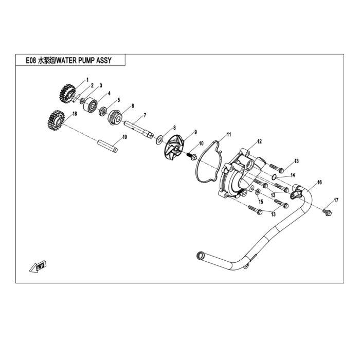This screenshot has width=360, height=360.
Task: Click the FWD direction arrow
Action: point(38,266)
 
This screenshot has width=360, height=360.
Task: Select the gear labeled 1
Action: point(67,94)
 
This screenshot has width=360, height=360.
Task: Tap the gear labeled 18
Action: point(56,120)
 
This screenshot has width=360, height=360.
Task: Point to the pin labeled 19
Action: point(107,146)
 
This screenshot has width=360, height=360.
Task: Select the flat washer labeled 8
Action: point(159,140)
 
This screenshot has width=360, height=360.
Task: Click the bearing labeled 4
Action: point(91,105)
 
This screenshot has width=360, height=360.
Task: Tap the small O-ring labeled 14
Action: point(274,177)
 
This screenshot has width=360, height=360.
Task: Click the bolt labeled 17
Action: point(327,212)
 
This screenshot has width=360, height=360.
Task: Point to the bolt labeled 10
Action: point(192,156)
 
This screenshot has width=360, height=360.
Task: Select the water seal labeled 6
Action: point(115,118)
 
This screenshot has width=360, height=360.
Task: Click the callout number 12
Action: point(259,141)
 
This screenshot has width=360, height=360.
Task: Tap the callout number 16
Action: point(319,182)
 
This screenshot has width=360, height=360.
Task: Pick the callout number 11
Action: point(229,134)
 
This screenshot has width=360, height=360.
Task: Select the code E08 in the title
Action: point(31,60)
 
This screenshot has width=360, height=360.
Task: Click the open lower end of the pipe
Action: point(200,255)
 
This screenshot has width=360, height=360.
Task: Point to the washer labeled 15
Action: point(258,191)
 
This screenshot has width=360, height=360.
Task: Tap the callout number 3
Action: point(101,86)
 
